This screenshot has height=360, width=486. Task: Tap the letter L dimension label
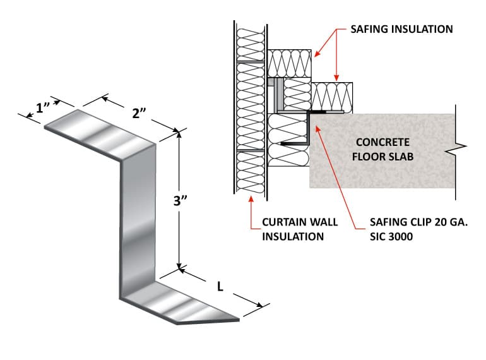click(220, 286)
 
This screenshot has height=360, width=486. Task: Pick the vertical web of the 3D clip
click(136, 221)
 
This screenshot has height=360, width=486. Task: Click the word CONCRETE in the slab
click(382, 142)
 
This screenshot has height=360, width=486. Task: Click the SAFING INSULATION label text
click(401, 29)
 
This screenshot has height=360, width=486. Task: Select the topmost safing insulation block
click(290, 63)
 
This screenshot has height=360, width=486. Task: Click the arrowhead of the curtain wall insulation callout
click(251, 199)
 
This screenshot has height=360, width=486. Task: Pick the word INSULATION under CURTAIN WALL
click(293, 236)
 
